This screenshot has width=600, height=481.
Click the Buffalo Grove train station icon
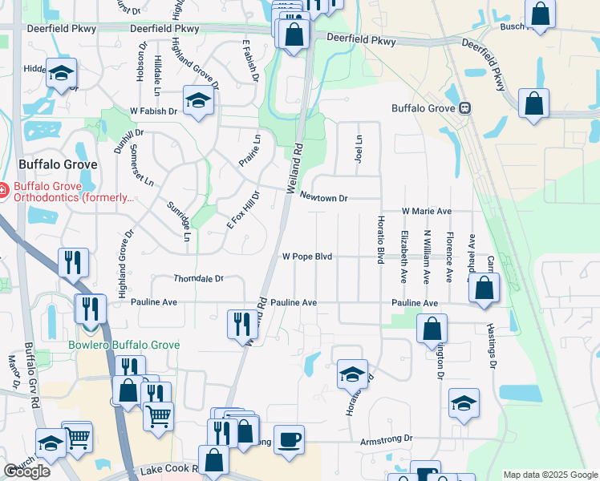point(464,109)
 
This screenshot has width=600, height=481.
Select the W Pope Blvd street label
point(306,257)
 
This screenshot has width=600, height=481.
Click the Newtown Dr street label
point(324,197)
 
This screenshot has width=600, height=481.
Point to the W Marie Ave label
point(427,211)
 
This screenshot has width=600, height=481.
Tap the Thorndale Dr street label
point(198,279)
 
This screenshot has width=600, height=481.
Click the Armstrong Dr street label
point(386,439)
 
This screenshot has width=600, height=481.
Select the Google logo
point(27,471)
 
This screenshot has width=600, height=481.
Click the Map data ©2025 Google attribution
point(549,475)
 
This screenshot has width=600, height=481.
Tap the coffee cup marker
point(289,439)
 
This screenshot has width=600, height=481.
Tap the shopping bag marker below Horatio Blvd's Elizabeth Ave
point(432,328)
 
